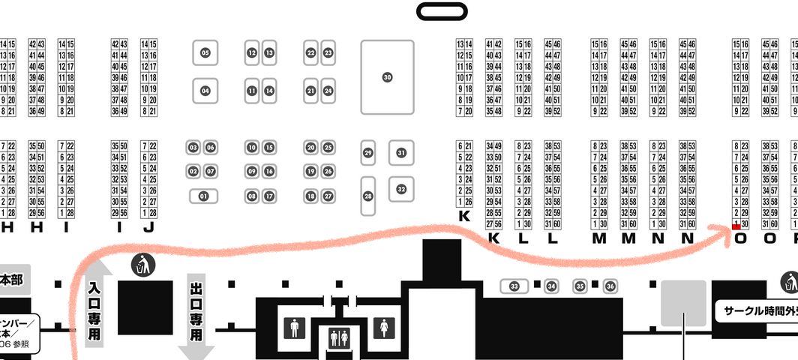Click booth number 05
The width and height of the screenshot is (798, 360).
coord(205,52)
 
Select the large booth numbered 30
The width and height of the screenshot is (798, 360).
coord(387,77)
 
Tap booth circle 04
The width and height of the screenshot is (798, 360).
coord(205,91)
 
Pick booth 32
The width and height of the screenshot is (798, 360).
coord(401,188)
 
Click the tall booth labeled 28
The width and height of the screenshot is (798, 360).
coord(368,196)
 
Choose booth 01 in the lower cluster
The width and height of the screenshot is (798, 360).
coord(202,196)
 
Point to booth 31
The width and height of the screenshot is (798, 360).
coord(401,153)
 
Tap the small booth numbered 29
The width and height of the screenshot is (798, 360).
coord(367,153)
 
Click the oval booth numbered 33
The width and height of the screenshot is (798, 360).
coord(514,286)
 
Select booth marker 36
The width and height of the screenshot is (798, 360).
coord(610,286)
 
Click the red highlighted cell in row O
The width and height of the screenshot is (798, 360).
coord(736,225)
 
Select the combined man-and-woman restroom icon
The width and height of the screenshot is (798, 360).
coord(339,338)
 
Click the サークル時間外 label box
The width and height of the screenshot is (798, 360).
coord(757,310)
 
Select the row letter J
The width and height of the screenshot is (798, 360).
coord(148,228)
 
